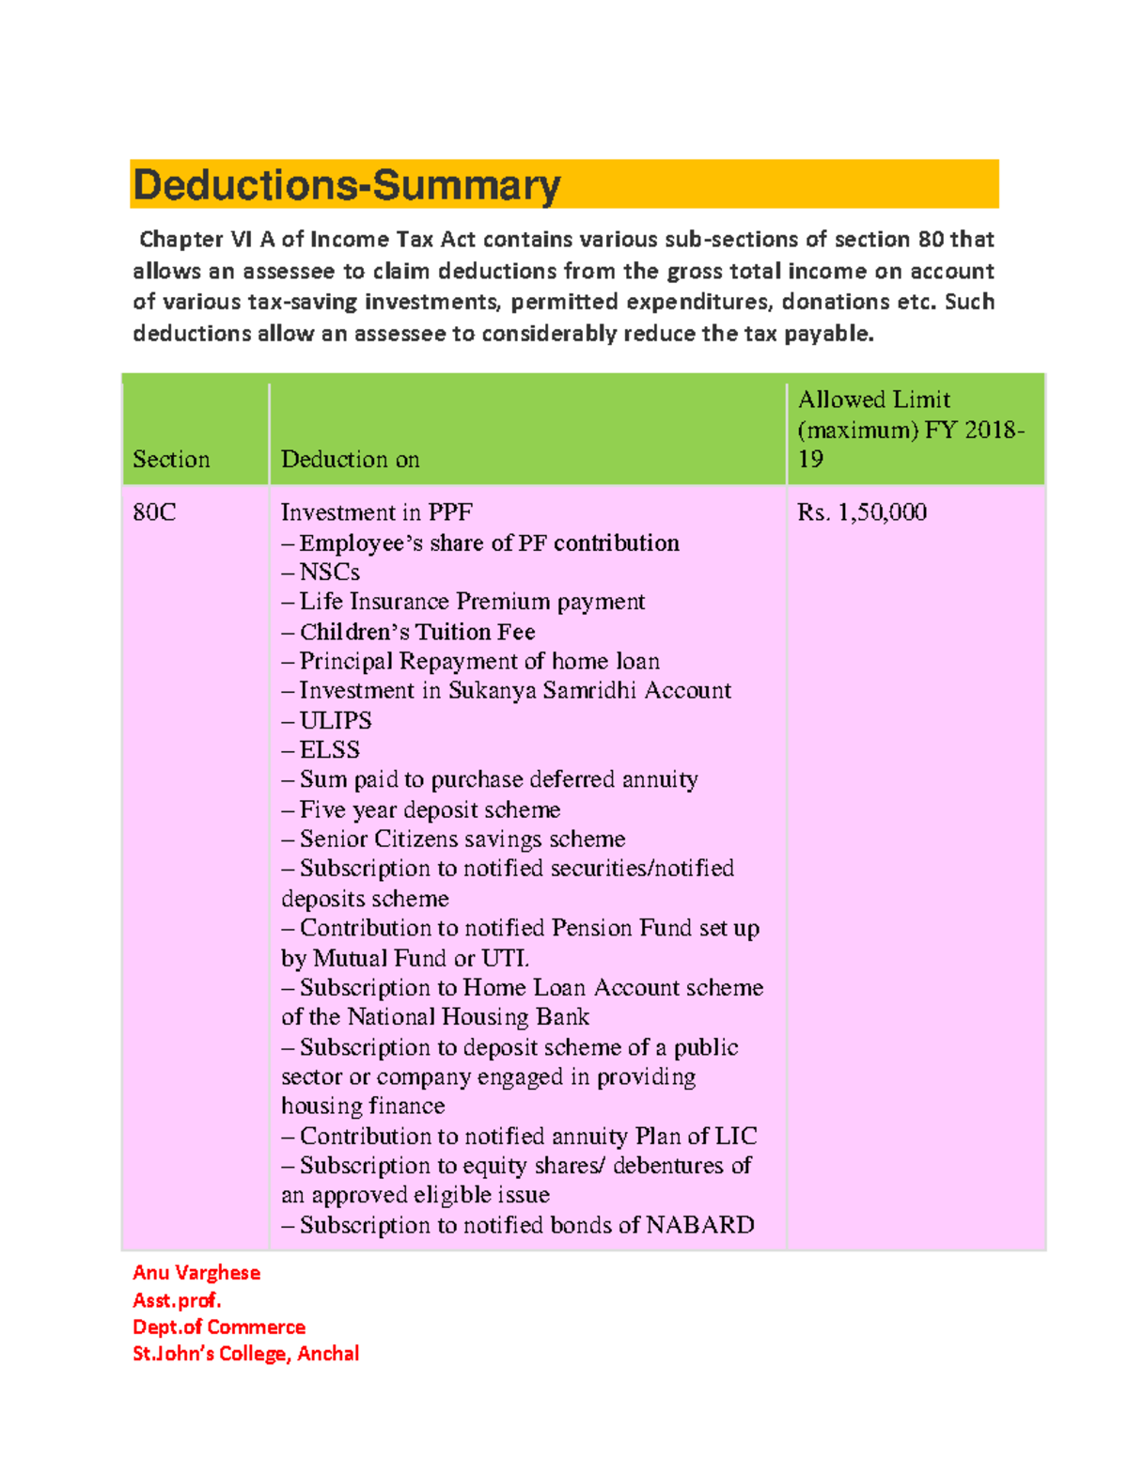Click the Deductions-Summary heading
[x=347, y=185]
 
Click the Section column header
[x=171, y=459]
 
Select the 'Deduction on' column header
[x=350, y=459]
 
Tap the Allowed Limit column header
[x=910, y=429]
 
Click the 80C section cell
[x=154, y=512]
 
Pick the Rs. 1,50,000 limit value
[x=861, y=512]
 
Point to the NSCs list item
[x=328, y=573]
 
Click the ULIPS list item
[x=335, y=721]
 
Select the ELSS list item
[x=329, y=750]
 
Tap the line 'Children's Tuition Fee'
[x=416, y=632]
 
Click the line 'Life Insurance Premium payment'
[x=471, y=602]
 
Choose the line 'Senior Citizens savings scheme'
[x=462, y=839]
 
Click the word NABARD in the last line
[x=699, y=1225]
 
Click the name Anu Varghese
[x=196, y=1273]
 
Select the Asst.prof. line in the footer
[x=177, y=1300]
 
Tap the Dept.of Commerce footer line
[x=219, y=1327]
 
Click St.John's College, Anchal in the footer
[x=245, y=1354]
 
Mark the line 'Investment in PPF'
[x=376, y=512]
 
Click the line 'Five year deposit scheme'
[x=430, y=809]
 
